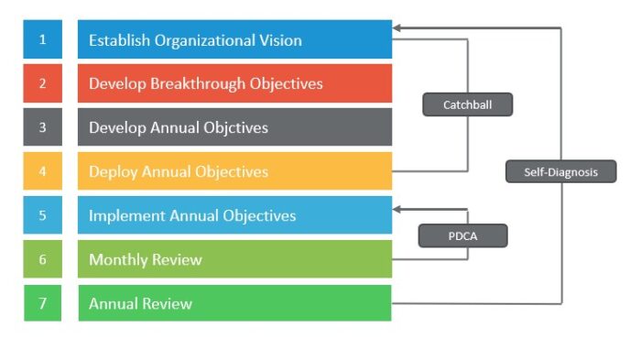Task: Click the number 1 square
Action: pos(42,40)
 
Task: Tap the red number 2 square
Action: pos(42,83)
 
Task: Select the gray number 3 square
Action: pos(42,127)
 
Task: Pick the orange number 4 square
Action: pos(42,171)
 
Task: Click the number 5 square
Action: pos(42,215)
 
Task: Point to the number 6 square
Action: pos(42,259)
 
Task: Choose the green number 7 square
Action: pos(42,303)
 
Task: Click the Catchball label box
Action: pos(467,105)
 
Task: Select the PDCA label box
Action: pos(462,236)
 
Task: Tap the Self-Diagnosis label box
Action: pos(560,171)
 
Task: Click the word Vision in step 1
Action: pos(278,40)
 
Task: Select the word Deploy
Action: pos(111,171)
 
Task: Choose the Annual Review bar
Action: pos(234,303)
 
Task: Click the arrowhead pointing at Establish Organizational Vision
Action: pos(397,28)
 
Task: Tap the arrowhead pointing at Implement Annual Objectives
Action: pos(397,209)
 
